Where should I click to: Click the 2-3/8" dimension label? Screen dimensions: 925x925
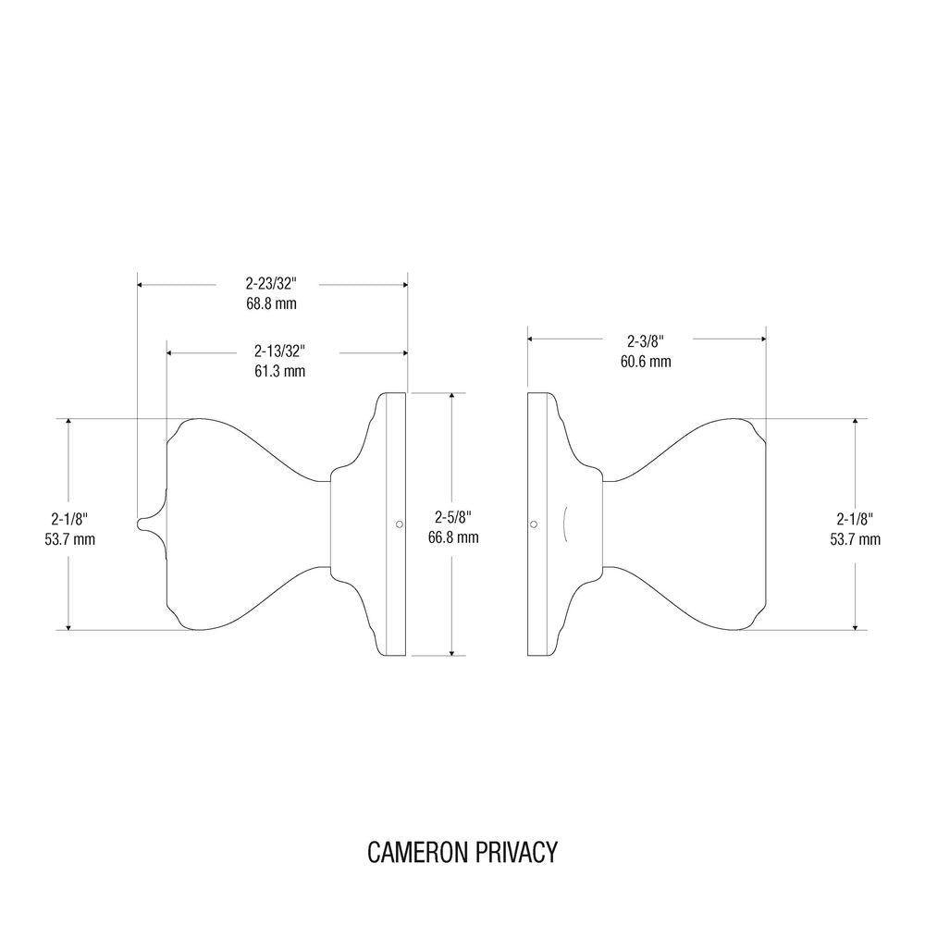(x=646, y=340)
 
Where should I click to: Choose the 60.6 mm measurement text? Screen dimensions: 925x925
(x=646, y=361)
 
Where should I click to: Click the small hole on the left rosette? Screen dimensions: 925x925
(x=399, y=524)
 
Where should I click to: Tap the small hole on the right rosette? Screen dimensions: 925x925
(x=534, y=524)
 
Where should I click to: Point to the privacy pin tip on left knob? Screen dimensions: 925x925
(x=140, y=524)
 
